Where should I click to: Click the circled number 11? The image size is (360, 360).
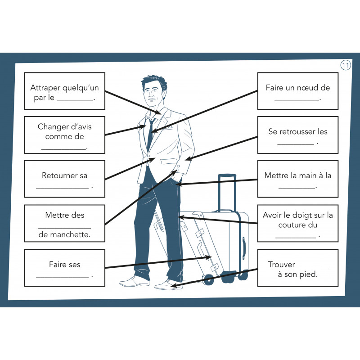[x=345, y=65]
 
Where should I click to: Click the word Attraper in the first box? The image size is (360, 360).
[x=45, y=88]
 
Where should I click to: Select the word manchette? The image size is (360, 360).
[x=70, y=234]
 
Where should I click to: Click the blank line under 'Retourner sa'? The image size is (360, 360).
[x=62, y=189]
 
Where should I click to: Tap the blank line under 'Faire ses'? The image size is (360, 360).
[x=62, y=277]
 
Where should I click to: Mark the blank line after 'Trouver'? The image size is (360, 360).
[x=314, y=268]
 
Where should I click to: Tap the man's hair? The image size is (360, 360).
[x=154, y=81]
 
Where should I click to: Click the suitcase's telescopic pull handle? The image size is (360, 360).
[x=227, y=193]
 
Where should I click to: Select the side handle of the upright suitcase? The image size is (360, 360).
[x=244, y=248]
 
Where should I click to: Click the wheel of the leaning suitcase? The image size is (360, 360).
[x=208, y=279]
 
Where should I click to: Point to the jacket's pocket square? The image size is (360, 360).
[x=168, y=128]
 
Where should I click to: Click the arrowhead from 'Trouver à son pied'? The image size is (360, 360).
[x=174, y=286]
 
